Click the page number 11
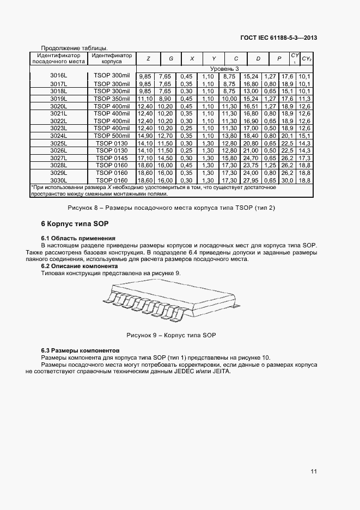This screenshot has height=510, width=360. click(x=314, y=471)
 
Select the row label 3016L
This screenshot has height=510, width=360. click(x=58, y=76)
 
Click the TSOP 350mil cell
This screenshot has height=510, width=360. click(x=112, y=99)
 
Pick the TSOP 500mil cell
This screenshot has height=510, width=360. click(x=112, y=135)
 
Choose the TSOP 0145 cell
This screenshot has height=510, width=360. click(x=112, y=157)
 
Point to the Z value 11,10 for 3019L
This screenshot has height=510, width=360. click(x=145, y=99)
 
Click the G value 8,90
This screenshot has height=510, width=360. click(x=164, y=99)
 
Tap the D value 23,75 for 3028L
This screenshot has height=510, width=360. click(x=251, y=165)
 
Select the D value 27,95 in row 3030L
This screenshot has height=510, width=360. click(x=251, y=180)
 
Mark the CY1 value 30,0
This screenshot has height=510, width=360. click(x=288, y=180)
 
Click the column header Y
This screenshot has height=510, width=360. click(x=213, y=58)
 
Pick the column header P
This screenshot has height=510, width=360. click(x=279, y=58)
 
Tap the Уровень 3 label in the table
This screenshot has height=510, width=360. click(x=224, y=69)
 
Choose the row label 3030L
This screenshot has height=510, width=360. click(x=58, y=180)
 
